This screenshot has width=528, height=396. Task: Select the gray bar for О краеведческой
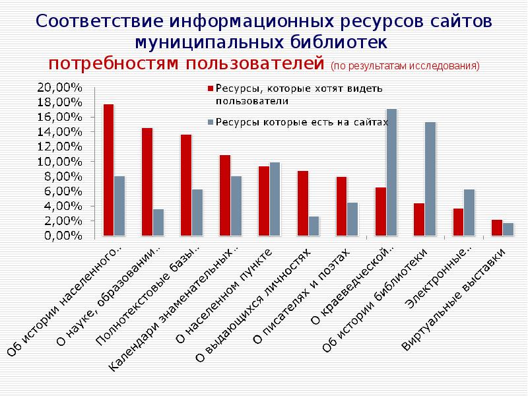click(391, 172)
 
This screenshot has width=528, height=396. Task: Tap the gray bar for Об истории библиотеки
click(430, 179)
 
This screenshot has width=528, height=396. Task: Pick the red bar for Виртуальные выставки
click(497, 228)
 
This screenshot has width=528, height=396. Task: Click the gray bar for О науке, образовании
click(158, 222)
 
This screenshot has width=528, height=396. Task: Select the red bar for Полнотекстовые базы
click(186, 185)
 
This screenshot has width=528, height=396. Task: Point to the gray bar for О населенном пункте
click(275, 199)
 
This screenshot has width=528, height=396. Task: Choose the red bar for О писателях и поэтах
click(341, 206)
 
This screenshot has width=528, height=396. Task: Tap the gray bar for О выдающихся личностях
click(313, 226)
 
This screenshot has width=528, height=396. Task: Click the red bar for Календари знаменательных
click(225, 195)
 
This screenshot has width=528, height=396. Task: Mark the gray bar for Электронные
click(469, 213)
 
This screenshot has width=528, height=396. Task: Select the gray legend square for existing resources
click(211, 122)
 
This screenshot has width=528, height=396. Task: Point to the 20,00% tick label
click(60, 87)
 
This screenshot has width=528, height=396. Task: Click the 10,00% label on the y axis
click(60, 162)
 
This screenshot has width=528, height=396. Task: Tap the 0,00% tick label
click(63, 236)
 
